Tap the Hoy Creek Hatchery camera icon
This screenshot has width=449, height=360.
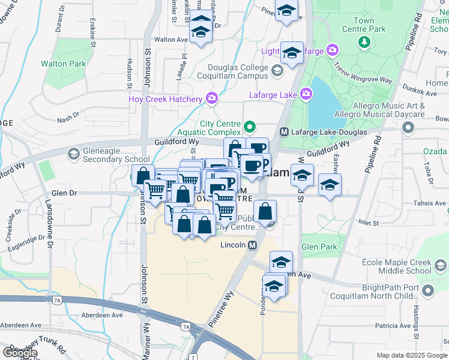[x=211, y=98]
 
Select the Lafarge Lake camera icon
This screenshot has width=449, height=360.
[x=306, y=94]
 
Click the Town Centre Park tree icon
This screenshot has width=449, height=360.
[x=364, y=41]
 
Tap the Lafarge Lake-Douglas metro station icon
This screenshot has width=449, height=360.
[x=285, y=131]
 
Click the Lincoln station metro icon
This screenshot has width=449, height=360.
[x=253, y=245]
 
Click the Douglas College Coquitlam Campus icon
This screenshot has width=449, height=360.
[x=277, y=71]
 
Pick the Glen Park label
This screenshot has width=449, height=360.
[x=319, y=247]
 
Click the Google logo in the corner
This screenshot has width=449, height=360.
[x=20, y=353]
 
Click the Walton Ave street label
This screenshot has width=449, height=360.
[x=171, y=40]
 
